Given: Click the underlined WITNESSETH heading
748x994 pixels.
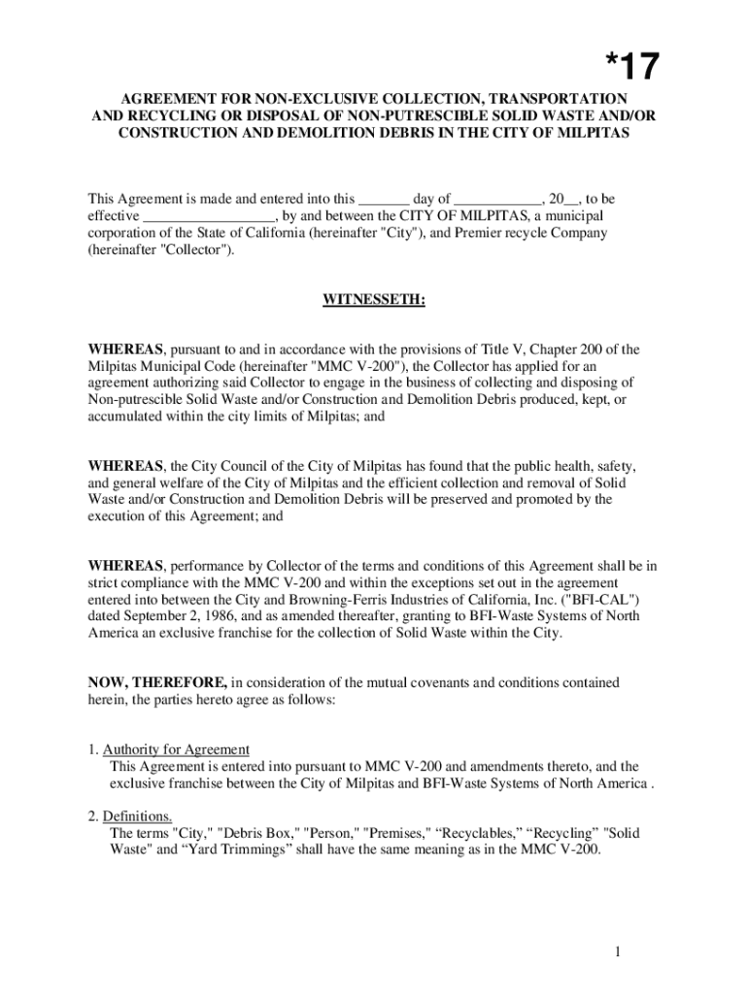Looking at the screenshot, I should [x=374, y=299].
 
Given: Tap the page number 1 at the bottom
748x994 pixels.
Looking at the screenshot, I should [x=616, y=952].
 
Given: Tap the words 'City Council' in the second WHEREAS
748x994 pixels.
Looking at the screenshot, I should [x=234, y=467].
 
